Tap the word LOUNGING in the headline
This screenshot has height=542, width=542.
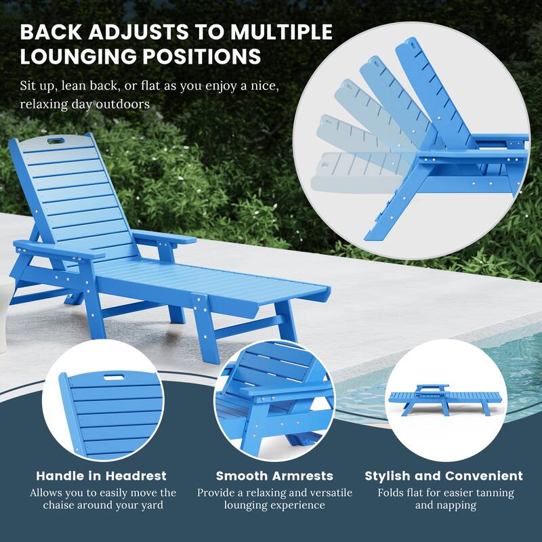(79, 57)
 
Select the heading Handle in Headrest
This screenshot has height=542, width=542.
(101, 476)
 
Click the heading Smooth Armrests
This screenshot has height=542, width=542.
(274, 476)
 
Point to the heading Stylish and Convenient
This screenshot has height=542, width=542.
(444, 476)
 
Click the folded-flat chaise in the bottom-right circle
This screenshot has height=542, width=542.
(444, 398)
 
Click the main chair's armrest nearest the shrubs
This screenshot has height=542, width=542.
(163, 238)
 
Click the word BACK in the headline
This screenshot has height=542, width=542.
(51, 32)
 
